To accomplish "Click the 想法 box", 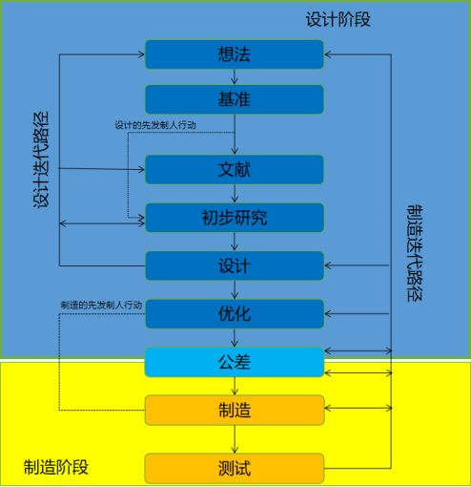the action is click(235, 54).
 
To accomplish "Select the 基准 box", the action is click(235, 99).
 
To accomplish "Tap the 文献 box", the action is click(235, 170).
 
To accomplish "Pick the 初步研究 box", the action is click(235, 218).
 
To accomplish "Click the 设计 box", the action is click(235, 265).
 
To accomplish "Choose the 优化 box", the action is click(235, 314).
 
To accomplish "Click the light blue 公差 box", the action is click(235, 362).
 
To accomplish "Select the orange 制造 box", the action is click(235, 411).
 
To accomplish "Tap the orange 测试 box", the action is click(235, 469).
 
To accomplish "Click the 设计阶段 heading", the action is click(338, 20).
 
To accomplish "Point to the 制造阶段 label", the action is click(56, 467).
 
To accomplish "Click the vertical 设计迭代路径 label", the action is click(41, 160).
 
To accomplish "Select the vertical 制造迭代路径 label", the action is click(415, 253).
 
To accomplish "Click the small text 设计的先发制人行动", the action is click(155, 125).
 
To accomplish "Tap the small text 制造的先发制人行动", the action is click(101, 306).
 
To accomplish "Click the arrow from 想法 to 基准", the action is click(235, 76).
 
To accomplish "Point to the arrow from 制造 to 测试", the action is click(235, 439).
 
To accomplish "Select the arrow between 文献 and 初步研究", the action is click(235, 194).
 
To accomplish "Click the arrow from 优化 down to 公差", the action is click(235, 338).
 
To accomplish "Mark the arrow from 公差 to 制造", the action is click(235, 386).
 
